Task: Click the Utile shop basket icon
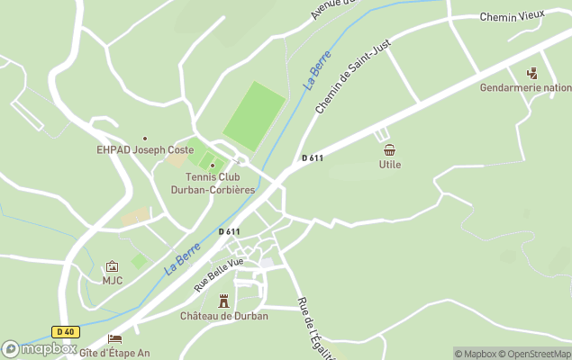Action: pyautogui.click(x=389, y=150)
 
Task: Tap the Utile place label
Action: pyautogui.click(x=390, y=165)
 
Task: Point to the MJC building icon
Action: pyautogui.click(x=112, y=266)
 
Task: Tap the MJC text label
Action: pyautogui.click(x=112, y=280)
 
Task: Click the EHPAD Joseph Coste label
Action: pyautogui.click(x=145, y=150)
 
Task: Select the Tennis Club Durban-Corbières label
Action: pyautogui.click(x=213, y=184)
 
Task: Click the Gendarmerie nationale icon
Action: pyautogui.click(x=531, y=74)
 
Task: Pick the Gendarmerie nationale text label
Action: pyautogui.click(x=526, y=88)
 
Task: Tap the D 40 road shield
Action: pyautogui.click(x=65, y=331)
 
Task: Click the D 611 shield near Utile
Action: pyautogui.click(x=313, y=158)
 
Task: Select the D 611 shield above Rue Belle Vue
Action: pyautogui.click(x=229, y=231)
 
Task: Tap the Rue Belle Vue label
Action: pyautogui.click(x=219, y=274)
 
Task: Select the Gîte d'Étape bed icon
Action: pyautogui.click(x=114, y=339)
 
